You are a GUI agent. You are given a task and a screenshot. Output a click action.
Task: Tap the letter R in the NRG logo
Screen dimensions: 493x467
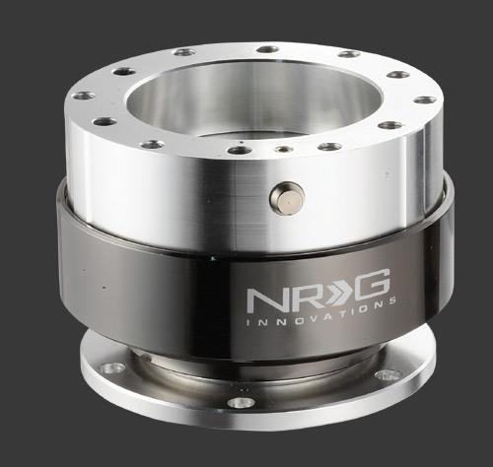coord(300,298)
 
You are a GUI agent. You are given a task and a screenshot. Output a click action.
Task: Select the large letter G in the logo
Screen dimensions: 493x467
coord(373,285)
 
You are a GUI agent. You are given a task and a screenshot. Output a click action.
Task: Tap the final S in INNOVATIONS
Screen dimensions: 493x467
coord(392,301)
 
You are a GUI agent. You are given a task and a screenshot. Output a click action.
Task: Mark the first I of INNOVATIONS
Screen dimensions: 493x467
coord(248,323)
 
